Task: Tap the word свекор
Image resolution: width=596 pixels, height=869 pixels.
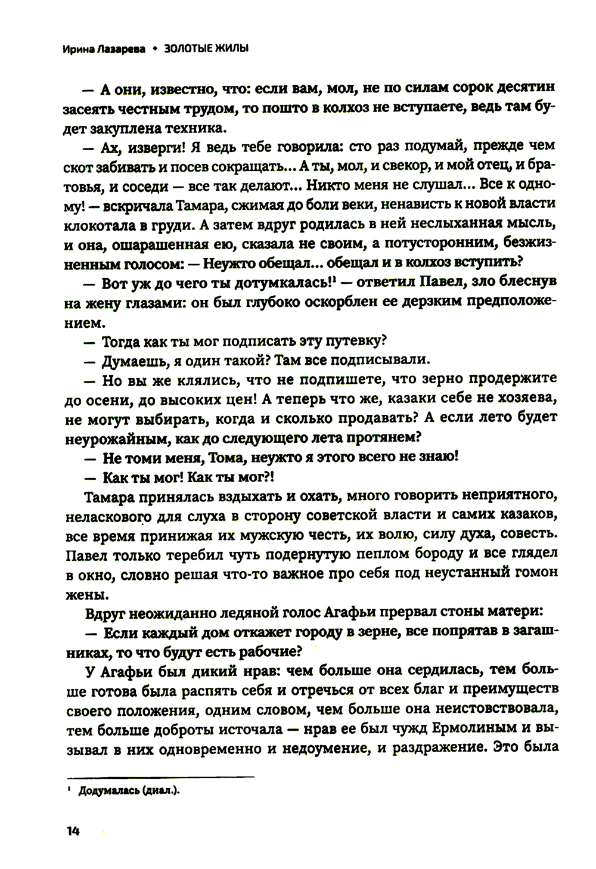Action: (x=414, y=165)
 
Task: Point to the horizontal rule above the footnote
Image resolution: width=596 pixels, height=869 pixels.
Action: (x=161, y=776)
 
